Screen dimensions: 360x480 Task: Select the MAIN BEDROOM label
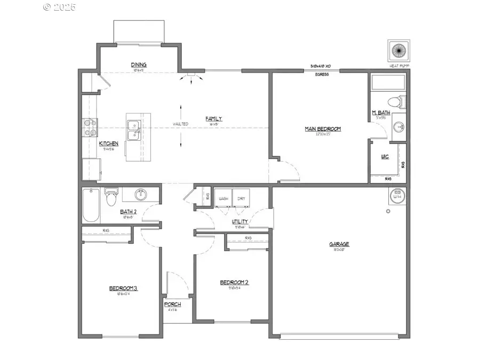(323, 129)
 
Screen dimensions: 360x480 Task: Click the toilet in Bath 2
(111, 197)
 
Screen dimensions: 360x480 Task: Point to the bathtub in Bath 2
(91, 205)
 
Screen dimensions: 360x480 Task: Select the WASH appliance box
(223, 198)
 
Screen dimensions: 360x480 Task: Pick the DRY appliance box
(241, 198)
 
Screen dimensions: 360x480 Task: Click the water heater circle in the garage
(397, 195)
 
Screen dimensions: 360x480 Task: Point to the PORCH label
(172, 304)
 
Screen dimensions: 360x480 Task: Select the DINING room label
(139, 65)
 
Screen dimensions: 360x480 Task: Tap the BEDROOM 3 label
(123, 289)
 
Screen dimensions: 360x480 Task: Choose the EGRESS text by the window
(321, 75)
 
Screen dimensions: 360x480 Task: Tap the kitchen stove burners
(89, 127)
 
